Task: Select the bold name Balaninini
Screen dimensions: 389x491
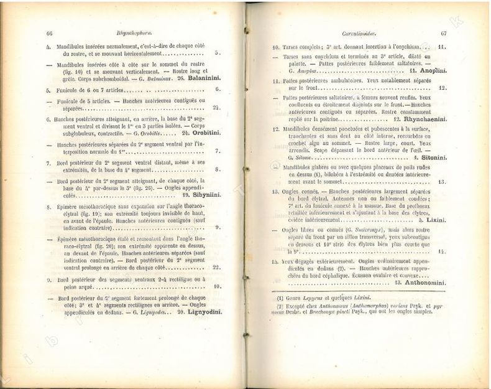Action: (x=203, y=79)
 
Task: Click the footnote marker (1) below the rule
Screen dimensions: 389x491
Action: (x=280, y=297)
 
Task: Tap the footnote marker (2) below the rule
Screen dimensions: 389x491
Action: (x=280, y=306)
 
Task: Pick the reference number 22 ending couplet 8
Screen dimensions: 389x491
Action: (x=216, y=267)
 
